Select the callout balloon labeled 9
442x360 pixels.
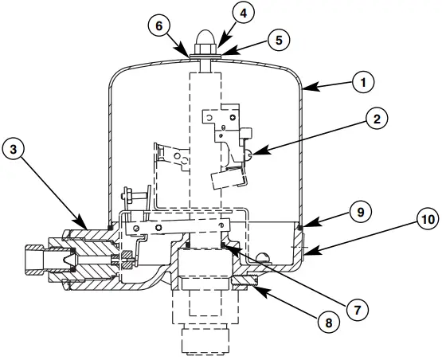pyautogui.click(x=359, y=212)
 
